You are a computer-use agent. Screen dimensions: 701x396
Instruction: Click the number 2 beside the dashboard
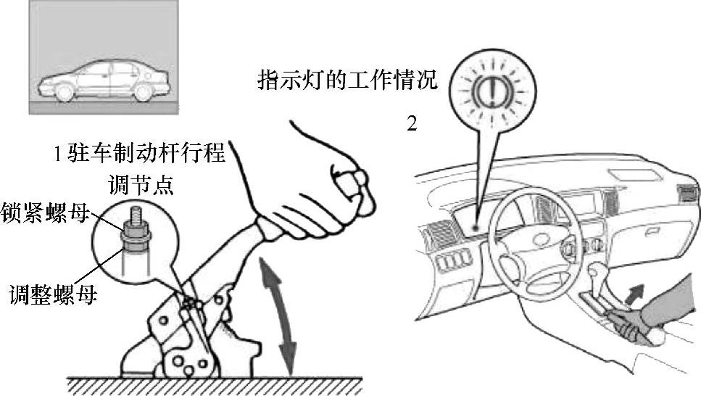pyautogui.click(x=412, y=124)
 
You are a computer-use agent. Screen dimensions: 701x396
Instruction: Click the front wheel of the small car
pyautogui.click(x=65, y=93)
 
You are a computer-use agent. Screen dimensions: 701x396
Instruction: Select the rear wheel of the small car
pyautogui.click(x=144, y=92)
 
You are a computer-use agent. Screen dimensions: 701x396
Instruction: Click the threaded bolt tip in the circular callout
pyautogui.click(x=136, y=215)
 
